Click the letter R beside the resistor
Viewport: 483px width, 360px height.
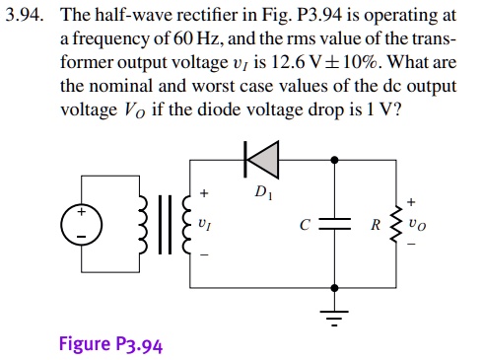click(375, 224)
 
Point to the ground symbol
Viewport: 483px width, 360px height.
click(337, 316)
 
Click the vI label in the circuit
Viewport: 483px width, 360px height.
click(204, 224)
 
